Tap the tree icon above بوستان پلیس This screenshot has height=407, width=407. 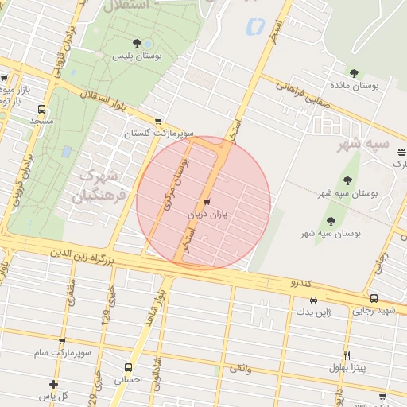(x=137, y=43)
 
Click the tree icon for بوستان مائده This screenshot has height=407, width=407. (x=353, y=72)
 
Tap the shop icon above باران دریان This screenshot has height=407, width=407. (x=207, y=202)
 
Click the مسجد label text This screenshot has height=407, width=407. (x=41, y=122)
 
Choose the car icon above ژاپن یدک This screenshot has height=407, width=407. (x=314, y=300)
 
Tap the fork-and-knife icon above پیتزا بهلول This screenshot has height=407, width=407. (x=347, y=355)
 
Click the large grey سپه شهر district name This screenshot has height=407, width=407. (x=363, y=144)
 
